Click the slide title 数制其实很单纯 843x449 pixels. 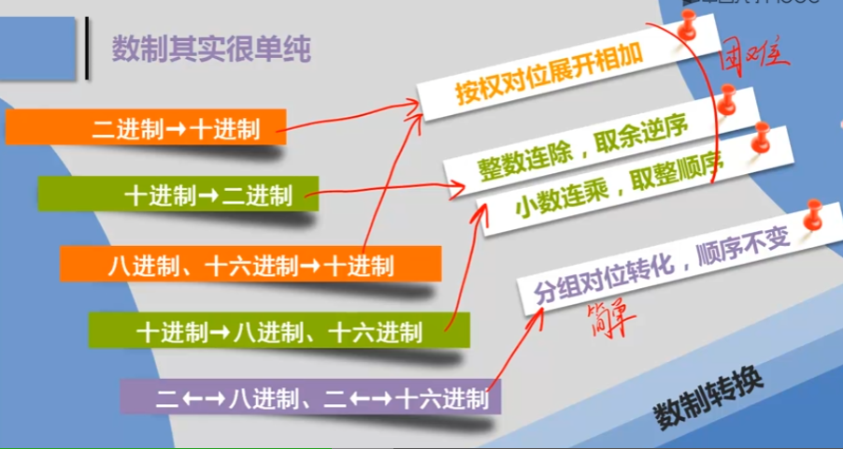tap(211, 49)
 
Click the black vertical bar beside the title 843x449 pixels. tap(87, 48)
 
